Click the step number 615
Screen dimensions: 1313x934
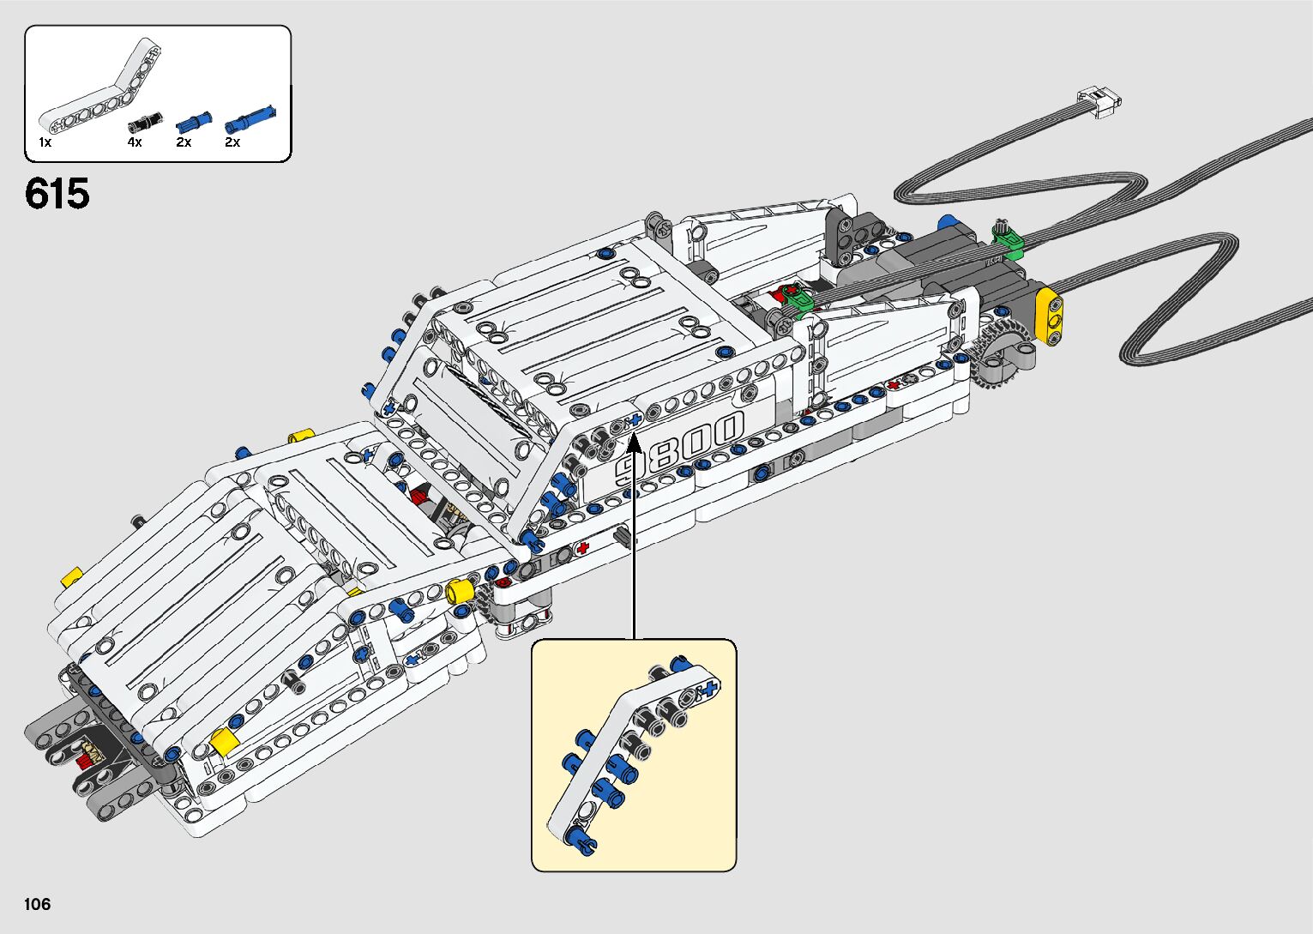[x=57, y=194]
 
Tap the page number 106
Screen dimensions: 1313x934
[x=38, y=904]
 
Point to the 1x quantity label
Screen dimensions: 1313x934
[x=45, y=142]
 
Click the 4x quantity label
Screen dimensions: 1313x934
[x=135, y=142]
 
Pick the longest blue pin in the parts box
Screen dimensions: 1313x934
[x=251, y=118]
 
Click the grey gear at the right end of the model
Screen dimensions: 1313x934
[x=998, y=358]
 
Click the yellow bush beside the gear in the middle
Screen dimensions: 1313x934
[x=461, y=591]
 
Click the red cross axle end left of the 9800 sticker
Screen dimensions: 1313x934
[x=584, y=547]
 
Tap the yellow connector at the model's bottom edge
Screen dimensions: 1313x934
[x=226, y=741]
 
